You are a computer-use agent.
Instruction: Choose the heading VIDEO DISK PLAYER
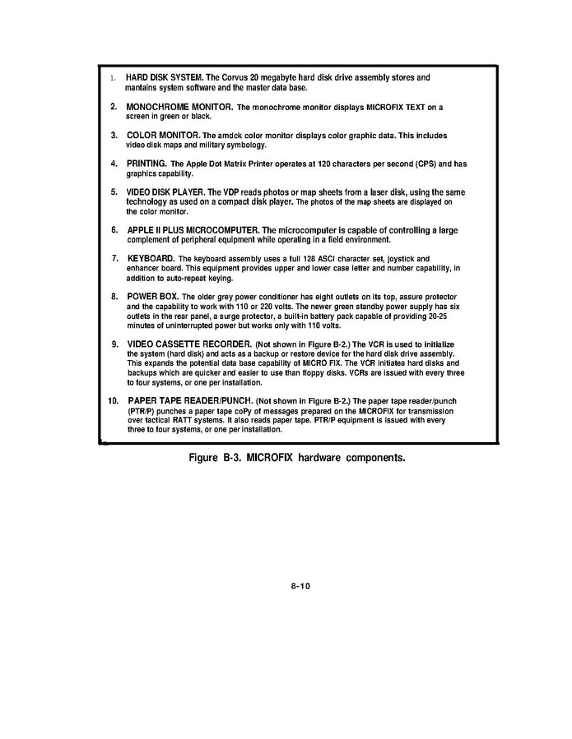click(170, 191)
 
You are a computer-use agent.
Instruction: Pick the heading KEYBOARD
click(151, 258)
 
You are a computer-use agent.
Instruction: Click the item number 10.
click(114, 400)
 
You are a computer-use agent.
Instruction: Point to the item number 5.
click(114, 191)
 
